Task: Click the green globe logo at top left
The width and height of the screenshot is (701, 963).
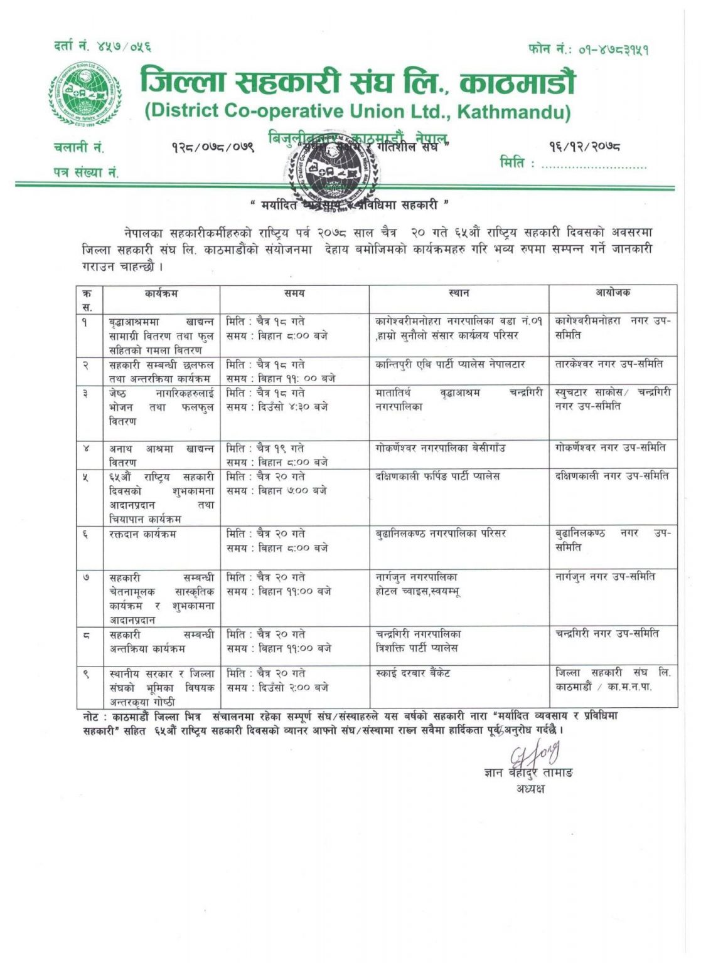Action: [x=83, y=95]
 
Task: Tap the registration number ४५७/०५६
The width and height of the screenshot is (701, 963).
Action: [x=123, y=46]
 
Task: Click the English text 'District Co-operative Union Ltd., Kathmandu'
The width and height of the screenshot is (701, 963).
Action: [x=358, y=112]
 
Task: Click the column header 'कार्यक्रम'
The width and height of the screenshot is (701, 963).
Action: [x=161, y=293]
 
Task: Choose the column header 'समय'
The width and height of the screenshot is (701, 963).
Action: [x=294, y=293]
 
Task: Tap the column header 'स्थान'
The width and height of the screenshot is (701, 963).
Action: [x=459, y=293]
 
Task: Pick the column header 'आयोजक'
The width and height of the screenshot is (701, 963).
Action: [x=613, y=293]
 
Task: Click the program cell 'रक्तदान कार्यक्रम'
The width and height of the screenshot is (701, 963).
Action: [x=142, y=534]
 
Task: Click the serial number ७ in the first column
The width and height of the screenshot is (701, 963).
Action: [x=87, y=577]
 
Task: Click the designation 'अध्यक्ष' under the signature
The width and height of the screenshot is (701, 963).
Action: [x=530, y=789]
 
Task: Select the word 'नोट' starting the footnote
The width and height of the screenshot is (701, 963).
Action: [x=92, y=716]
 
